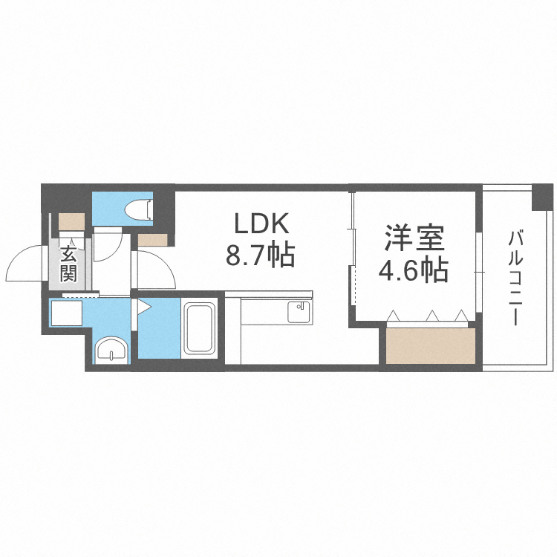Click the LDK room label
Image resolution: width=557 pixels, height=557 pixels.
click(261, 223)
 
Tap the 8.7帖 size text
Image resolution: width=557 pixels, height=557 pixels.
click(261, 255)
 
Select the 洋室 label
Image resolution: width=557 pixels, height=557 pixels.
click(414, 238)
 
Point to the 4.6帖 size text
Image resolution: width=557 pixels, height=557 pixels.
click(413, 270)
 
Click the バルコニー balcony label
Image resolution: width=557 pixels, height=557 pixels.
click(515, 278)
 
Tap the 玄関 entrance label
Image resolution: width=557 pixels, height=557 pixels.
click(68, 264)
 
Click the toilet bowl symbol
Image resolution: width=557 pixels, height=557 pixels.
click(139, 209)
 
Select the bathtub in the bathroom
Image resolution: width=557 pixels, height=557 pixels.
click(199, 328)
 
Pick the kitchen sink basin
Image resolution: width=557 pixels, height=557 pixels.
click(298, 311)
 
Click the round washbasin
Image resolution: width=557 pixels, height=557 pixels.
click(111, 351)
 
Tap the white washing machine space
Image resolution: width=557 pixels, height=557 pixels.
click(67, 313)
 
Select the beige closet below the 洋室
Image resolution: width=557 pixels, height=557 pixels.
click(431, 346)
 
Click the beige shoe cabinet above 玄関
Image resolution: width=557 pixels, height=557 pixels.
click(71, 221)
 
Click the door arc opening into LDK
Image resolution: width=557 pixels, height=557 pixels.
click(157, 270)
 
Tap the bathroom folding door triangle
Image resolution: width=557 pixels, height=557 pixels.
click(143, 307)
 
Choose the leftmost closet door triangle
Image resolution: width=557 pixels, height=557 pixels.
click(392, 316)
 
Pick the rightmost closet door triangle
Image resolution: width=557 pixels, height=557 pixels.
click(460, 315)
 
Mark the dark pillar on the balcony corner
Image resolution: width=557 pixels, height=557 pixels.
click(542, 197)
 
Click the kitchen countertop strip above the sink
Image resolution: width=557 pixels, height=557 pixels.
click(269, 295)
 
